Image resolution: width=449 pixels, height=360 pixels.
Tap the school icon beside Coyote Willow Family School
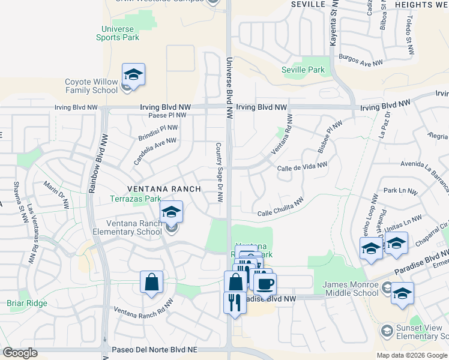point(133,76)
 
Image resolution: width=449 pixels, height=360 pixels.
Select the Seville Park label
point(303,70)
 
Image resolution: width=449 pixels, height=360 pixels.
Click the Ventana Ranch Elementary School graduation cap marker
point(171,212)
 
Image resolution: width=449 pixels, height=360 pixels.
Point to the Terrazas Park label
point(135,199)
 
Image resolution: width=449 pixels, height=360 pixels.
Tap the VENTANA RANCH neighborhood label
point(161,188)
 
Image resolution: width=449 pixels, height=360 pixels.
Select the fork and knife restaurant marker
point(235,302)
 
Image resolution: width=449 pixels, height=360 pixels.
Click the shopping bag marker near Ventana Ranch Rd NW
point(152,283)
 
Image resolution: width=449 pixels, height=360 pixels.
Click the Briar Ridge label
point(27,304)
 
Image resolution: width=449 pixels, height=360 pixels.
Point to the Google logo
point(20,353)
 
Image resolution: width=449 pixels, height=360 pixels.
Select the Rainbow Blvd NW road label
point(94,165)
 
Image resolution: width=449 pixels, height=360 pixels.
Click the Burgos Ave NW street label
point(361,61)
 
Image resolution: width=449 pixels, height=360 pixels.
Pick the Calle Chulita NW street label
point(280,207)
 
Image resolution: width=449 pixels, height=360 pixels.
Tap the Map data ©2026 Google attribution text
point(411,355)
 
